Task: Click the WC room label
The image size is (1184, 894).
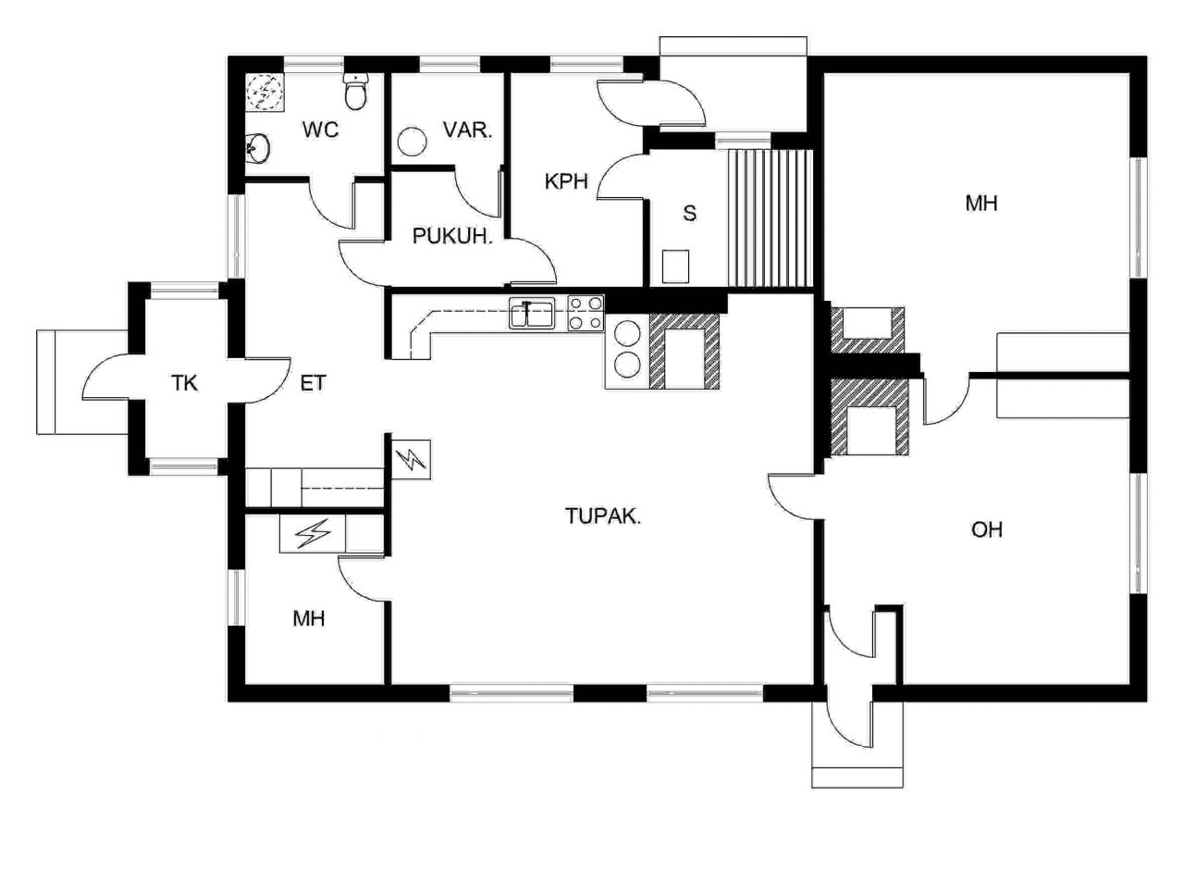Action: (320, 130)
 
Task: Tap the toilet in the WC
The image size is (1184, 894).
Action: (355, 92)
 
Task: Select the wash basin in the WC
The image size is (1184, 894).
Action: (257, 147)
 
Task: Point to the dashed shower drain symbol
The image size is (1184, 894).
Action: (265, 93)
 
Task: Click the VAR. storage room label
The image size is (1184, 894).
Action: (468, 130)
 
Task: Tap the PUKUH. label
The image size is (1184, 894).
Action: (452, 236)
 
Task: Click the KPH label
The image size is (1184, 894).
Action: (565, 181)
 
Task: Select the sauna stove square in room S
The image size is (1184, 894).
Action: (675, 267)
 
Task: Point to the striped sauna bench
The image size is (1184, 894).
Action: (770, 218)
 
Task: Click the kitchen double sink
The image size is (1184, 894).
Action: (532, 315)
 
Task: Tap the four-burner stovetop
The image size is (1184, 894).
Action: (586, 314)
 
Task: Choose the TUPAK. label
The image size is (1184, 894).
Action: (603, 516)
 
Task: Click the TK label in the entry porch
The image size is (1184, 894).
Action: (184, 383)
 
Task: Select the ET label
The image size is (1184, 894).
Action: (313, 383)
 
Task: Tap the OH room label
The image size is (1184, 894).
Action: (987, 529)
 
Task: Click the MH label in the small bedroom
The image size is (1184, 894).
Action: (309, 619)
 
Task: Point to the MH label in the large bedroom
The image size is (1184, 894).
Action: (981, 204)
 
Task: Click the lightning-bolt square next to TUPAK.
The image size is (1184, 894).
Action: (412, 460)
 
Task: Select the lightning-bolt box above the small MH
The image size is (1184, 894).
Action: (313, 533)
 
